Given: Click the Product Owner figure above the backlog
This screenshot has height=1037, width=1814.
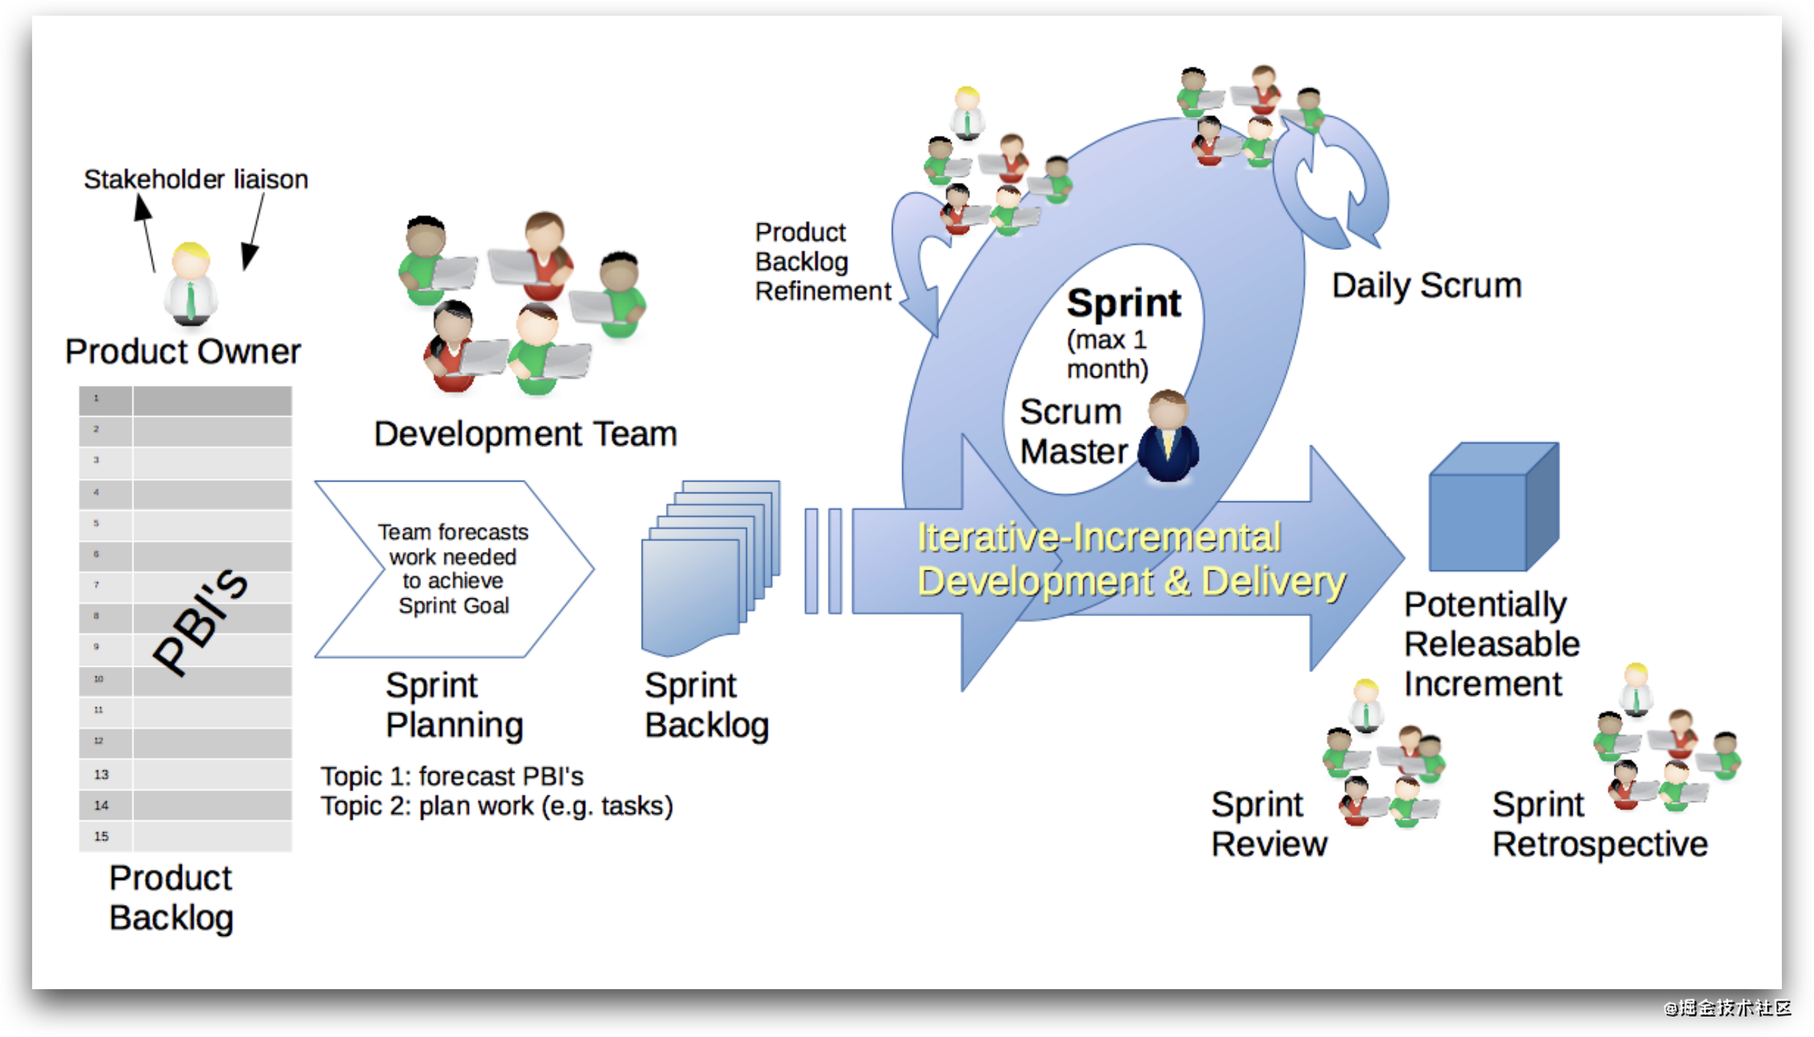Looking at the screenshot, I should pos(190,285).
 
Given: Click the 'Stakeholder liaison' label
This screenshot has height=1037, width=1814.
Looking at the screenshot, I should pos(196,180).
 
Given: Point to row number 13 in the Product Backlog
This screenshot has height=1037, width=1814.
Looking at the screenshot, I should pos(101,774).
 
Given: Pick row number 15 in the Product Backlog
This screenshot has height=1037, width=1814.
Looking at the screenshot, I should pos(101,836).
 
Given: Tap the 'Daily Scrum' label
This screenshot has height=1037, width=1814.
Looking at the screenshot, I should pos(1426,286).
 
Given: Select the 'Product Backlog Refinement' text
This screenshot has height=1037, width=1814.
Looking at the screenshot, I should pos(822,262).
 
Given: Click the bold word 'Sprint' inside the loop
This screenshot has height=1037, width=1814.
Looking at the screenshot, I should pos(1124,303).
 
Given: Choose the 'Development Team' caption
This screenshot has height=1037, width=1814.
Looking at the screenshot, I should pos(525,434).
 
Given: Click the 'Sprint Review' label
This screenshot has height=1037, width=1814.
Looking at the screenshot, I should pos(1269,824).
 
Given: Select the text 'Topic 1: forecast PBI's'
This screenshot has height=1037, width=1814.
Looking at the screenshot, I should pos(452,775).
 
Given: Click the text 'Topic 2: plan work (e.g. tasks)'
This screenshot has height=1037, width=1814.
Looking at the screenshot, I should pos(497,805).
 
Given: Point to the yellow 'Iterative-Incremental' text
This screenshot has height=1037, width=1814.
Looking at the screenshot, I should pos(1098,537).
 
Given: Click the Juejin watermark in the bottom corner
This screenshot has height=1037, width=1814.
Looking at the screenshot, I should pos(1726,1006).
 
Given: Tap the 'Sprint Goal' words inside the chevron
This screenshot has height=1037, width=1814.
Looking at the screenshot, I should pos(454,605).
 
